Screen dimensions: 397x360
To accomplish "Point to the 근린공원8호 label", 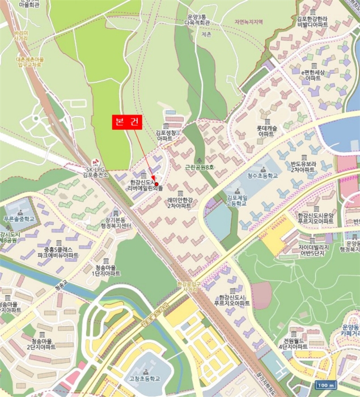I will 201,167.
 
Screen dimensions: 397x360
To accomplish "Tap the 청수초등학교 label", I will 262,176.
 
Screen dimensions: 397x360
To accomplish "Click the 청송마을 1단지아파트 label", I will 107,270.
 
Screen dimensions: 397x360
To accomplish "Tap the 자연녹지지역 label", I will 248,22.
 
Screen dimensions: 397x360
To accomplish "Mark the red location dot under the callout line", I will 156,184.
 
